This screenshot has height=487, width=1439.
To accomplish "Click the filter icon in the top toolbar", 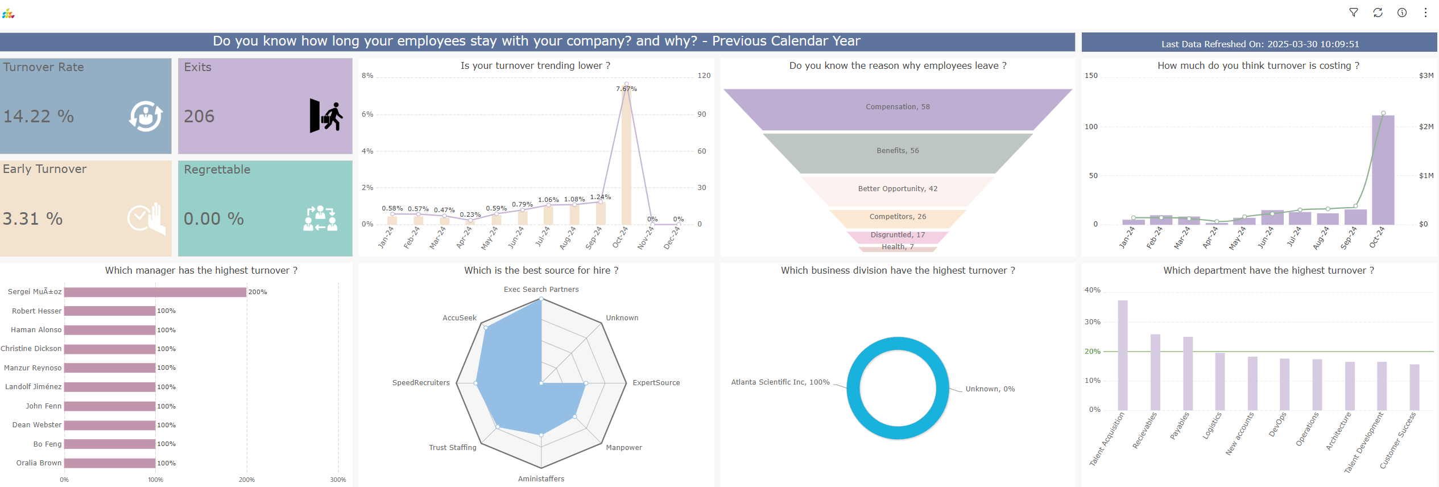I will pyautogui.click(x=1354, y=13).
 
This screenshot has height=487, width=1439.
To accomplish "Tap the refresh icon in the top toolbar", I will pyautogui.click(x=1378, y=13).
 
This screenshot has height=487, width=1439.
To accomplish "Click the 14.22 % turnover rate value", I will pyautogui.click(x=39, y=117).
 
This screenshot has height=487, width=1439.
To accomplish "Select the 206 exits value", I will pyautogui.click(x=199, y=117).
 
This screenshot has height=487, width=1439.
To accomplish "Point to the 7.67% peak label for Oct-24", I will pyautogui.click(x=626, y=89).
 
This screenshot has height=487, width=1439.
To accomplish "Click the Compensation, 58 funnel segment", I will pyautogui.click(x=898, y=107).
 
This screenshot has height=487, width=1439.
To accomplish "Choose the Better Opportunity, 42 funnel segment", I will pyautogui.click(x=898, y=189).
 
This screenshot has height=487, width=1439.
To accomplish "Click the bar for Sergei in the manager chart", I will pyautogui.click(x=155, y=292).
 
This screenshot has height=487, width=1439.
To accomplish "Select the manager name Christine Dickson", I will pyautogui.click(x=31, y=349).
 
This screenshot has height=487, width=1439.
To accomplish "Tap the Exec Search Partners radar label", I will pyautogui.click(x=541, y=290).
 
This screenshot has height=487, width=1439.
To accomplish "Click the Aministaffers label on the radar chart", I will pyautogui.click(x=541, y=479).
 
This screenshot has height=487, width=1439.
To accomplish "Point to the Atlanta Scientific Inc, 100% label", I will pyautogui.click(x=780, y=382).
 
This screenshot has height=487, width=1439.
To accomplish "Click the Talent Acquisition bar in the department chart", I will pyautogui.click(x=1122, y=355).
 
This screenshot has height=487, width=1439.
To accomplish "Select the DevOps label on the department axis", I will pyautogui.click(x=1277, y=425).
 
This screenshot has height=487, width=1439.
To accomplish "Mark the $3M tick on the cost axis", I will pyautogui.click(x=1426, y=76).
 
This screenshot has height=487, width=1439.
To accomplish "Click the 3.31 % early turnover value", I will pyautogui.click(x=32, y=219).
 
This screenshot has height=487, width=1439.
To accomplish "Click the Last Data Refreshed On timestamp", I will pyautogui.click(x=1260, y=44).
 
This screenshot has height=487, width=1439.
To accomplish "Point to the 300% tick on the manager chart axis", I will pyautogui.click(x=338, y=480).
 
